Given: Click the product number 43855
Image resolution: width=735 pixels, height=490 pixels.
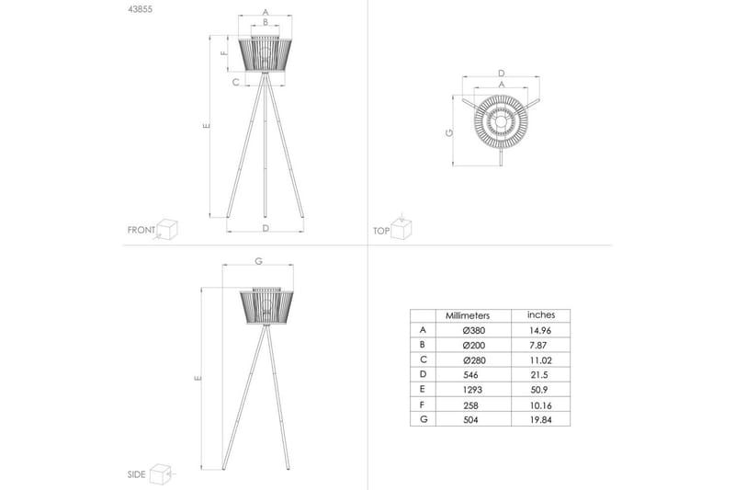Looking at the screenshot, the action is point(140,9).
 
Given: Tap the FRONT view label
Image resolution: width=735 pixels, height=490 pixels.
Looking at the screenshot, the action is point(141,230).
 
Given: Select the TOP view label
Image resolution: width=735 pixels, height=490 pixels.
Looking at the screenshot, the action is point(381,231).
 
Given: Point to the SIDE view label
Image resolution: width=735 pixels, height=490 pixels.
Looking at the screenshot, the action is point(136,474).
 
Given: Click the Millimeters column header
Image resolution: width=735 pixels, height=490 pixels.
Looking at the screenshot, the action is point(468,315).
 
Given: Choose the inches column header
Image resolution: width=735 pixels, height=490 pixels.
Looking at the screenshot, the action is point(541,314).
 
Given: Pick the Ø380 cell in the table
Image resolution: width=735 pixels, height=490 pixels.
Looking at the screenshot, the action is point(473,330).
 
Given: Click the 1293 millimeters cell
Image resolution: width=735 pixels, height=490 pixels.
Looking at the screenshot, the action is point(471,390).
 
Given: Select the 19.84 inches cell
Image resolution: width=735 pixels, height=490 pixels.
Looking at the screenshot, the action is point(540,419).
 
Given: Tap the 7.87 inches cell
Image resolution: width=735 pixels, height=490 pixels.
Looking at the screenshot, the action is point(537,345).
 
